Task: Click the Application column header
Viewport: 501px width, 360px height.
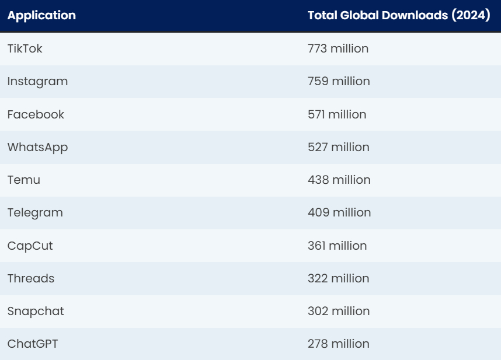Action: pos(41,16)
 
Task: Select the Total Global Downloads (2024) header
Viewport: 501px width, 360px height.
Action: pos(399,16)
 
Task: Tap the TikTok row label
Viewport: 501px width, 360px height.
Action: pos(25,48)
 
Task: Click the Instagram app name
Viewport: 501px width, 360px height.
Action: pos(37,81)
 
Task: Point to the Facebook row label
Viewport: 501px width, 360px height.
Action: pos(36,114)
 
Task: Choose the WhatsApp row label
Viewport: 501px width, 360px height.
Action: pos(37,147)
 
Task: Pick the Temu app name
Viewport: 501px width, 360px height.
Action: pos(24,180)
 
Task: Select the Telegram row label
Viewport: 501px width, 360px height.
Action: pos(35,213)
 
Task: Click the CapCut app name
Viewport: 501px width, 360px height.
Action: pos(30,246)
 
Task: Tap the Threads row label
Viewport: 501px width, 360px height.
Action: pos(31,278)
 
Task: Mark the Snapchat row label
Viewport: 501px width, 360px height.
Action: pos(36,311)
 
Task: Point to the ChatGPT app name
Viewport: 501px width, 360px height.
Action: pos(33,344)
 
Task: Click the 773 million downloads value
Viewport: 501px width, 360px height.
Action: pos(338,48)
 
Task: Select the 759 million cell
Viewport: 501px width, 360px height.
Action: pos(339,81)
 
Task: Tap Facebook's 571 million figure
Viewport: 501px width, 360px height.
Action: pos(337,114)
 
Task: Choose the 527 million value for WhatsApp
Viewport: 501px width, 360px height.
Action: pos(339,147)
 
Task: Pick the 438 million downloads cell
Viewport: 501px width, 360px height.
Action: pos(339,180)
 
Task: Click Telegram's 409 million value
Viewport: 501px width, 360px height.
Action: pos(339,213)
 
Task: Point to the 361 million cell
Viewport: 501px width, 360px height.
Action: pos(338,246)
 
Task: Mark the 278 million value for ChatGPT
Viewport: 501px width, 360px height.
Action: pos(339,344)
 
